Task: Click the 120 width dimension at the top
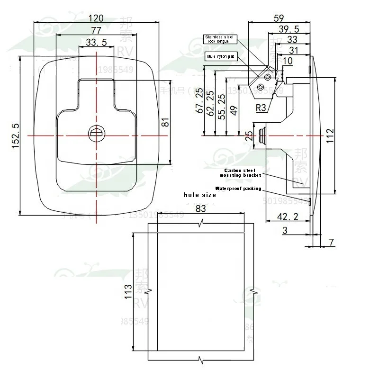click(97, 18)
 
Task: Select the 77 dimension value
click(96, 30)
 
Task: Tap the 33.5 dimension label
click(96, 43)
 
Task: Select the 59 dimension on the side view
click(279, 18)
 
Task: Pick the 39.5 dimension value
click(289, 30)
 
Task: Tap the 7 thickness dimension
click(331, 242)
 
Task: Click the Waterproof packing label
click(238, 188)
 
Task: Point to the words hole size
click(200, 195)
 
